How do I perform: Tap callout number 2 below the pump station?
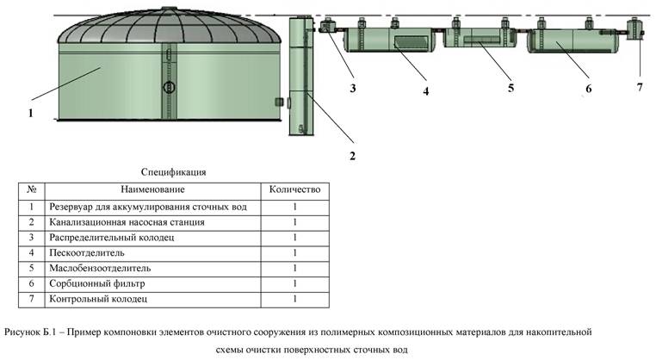(352, 156)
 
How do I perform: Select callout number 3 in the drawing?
(353, 87)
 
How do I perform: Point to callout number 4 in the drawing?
(425, 90)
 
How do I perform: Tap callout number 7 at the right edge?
(639, 87)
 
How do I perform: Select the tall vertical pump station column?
(298, 78)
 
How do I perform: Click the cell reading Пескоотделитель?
(88, 253)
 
